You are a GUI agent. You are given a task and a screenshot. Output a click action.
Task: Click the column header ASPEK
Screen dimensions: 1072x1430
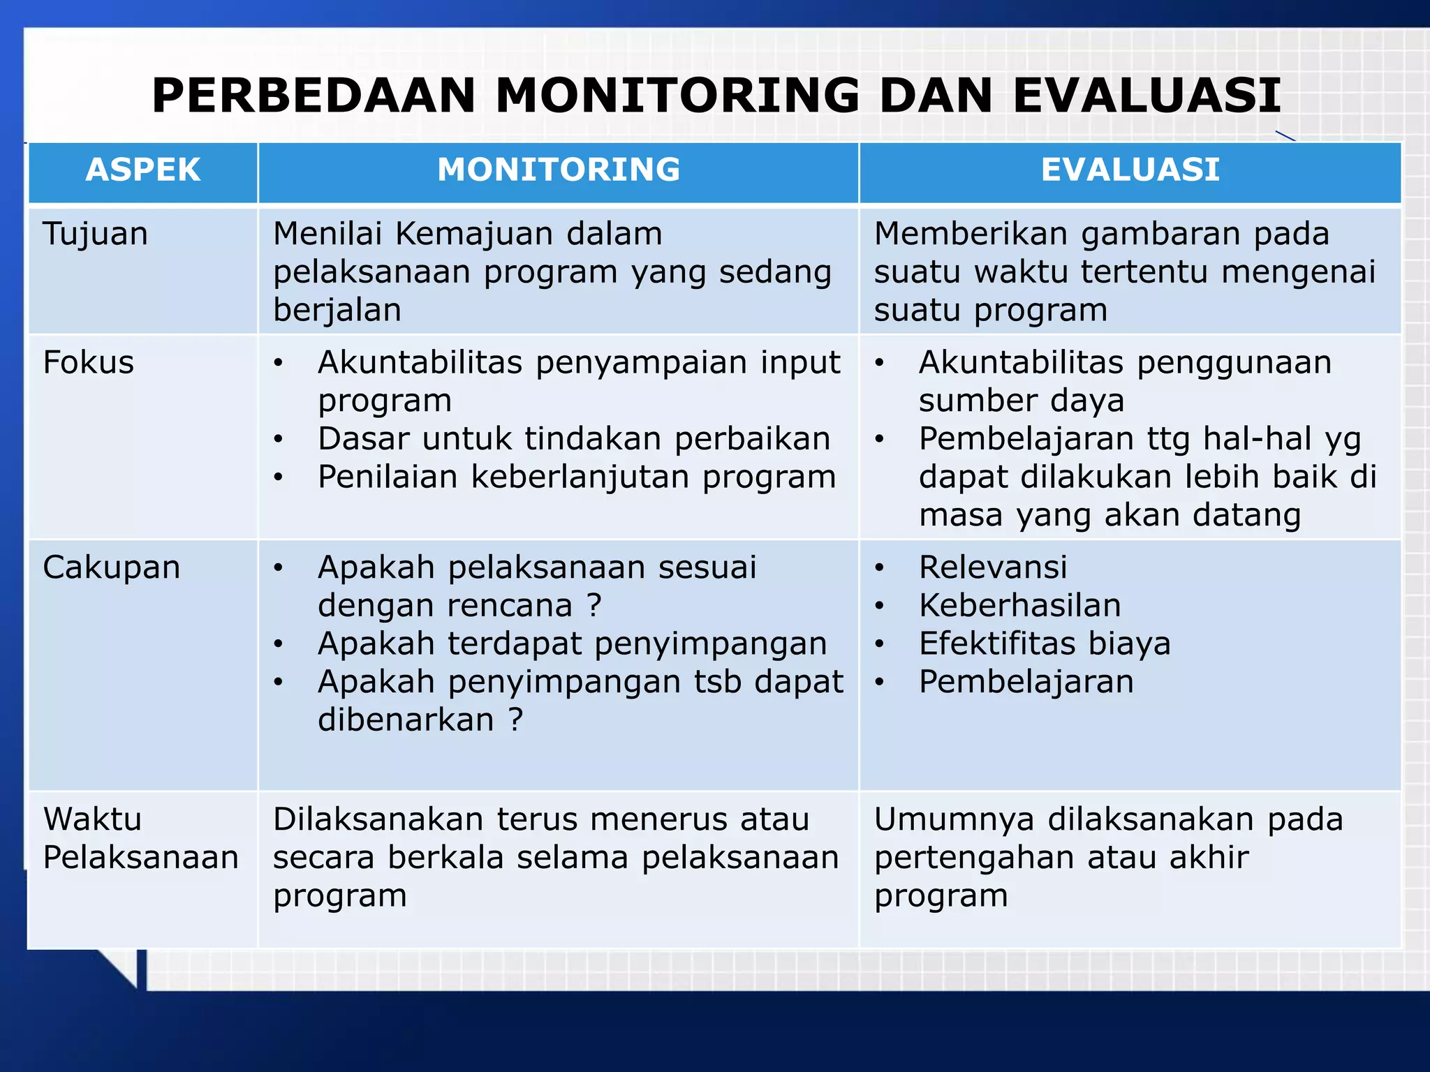[x=143, y=170]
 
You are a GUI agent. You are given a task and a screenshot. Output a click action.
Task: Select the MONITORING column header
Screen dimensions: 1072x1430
[x=559, y=170]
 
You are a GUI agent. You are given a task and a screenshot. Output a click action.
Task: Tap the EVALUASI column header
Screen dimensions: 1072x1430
[x=1130, y=170]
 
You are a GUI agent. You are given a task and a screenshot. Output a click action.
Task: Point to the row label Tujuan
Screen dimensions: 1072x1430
[x=96, y=234]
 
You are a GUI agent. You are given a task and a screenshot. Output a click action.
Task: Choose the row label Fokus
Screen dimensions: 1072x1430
[x=89, y=363]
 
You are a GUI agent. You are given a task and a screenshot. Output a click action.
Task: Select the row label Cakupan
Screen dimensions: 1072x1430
[x=112, y=567]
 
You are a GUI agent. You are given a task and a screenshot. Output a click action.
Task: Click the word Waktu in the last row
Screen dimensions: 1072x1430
[x=93, y=819]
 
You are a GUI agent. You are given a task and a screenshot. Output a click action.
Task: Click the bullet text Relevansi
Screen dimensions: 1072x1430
[x=992, y=567]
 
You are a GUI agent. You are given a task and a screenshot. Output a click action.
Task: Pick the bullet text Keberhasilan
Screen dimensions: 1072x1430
[x=1019, y=605]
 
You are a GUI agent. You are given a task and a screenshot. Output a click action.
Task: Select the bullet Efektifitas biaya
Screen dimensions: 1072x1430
[x=1044, y=643]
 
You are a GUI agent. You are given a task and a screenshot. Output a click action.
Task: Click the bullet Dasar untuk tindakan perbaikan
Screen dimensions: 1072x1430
[x=573, y=439]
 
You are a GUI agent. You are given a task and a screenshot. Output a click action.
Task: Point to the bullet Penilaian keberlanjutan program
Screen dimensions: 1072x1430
[x=576, y=477]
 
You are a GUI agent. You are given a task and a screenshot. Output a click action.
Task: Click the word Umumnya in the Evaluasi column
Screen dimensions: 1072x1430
[x=954, y=819]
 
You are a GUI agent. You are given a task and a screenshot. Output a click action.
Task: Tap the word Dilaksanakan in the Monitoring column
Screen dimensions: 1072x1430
[x=378, y=819]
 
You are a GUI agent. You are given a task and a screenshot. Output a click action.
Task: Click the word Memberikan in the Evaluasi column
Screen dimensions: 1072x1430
[x=971, y=234]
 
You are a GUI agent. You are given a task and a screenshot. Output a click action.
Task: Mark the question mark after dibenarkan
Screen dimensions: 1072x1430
[x=515, y=720]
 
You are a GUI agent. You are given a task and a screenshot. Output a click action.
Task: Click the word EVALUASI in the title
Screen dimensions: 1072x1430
[x=1147, y=96]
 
